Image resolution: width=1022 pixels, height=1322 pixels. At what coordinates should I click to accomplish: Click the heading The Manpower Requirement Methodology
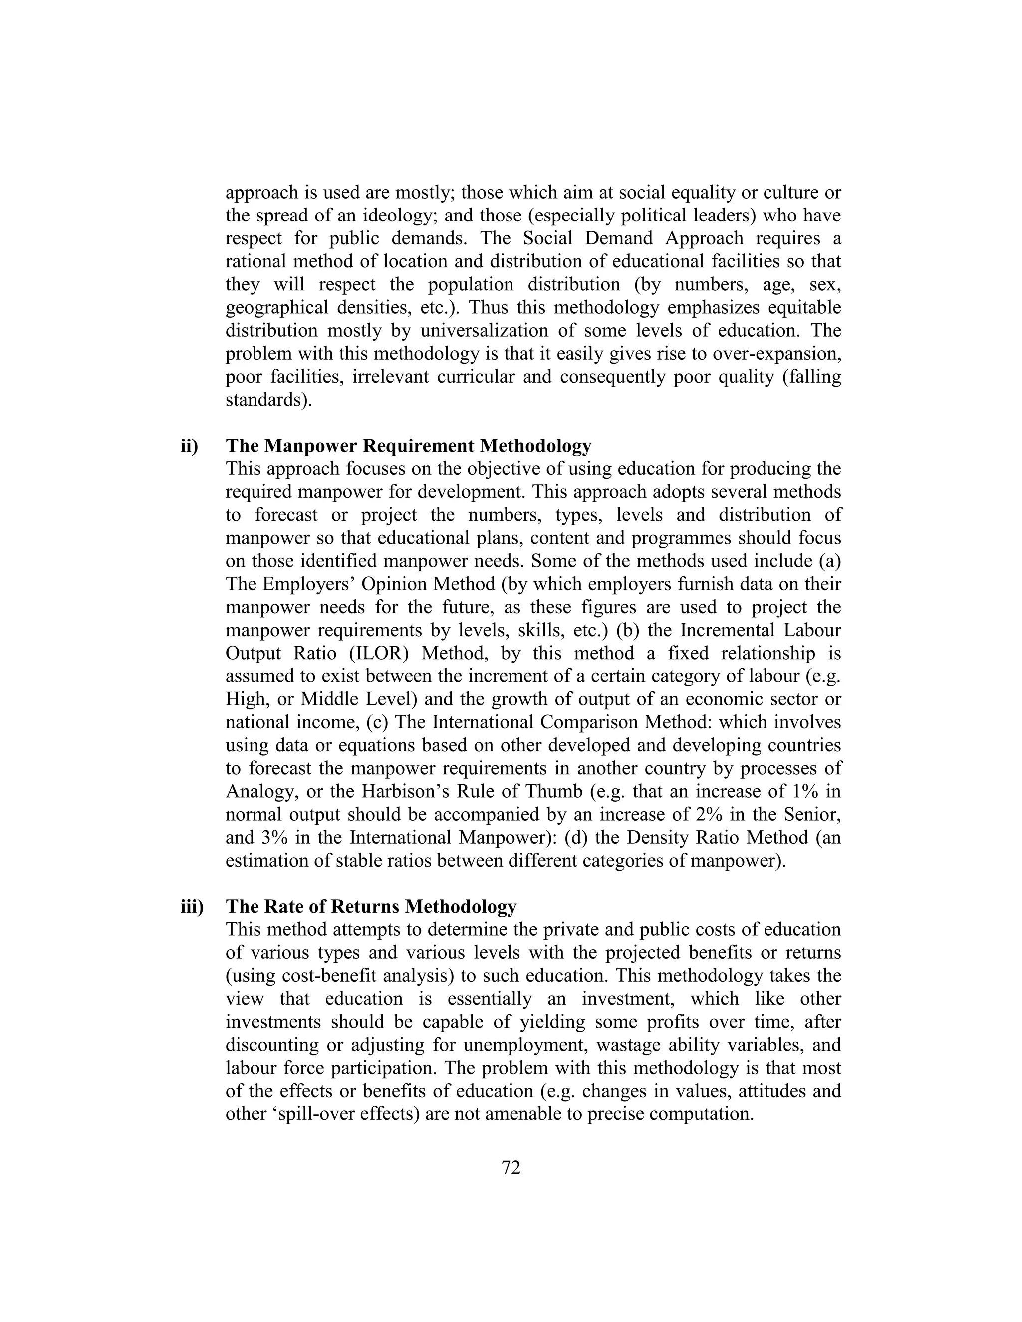tap(408, 446)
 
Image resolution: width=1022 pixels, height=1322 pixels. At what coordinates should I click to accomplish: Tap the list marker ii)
tap(190, 446)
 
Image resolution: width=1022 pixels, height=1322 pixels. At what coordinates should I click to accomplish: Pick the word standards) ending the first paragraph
tap(269, 400)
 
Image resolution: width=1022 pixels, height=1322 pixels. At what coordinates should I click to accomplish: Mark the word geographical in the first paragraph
tap(272, 308)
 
